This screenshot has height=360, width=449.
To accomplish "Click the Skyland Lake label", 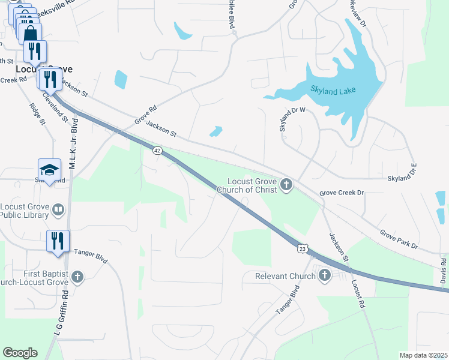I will [333, 90].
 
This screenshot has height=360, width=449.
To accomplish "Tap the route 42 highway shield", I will [157, 151].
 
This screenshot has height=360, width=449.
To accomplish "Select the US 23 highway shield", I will [303, 247].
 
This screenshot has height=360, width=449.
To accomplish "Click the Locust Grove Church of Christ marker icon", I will [286, 184].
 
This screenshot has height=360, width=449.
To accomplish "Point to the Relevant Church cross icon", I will [325, 275].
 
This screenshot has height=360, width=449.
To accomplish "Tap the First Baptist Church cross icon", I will [77, 276].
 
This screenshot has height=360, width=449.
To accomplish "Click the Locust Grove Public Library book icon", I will [58, 209].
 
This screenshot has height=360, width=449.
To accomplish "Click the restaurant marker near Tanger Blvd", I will [58, 241].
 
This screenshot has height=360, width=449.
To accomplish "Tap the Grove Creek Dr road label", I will [342, 193].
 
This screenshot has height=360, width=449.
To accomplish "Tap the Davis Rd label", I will [443, 271].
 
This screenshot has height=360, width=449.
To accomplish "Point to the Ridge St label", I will [37, 113].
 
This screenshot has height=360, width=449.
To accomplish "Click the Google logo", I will [20, 353].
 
